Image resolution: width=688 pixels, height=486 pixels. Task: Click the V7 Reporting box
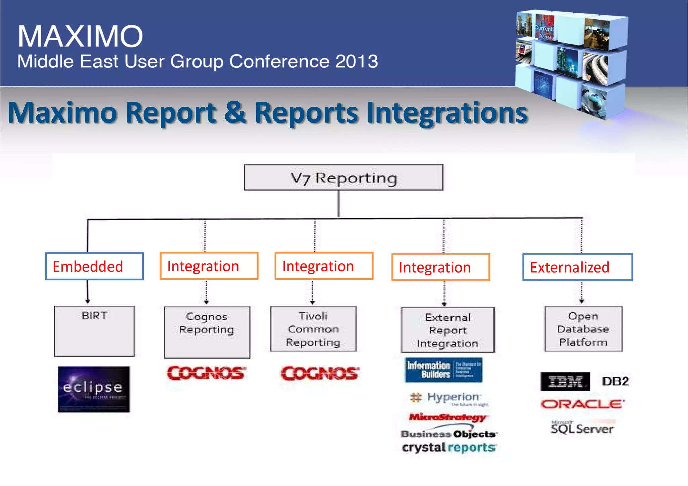(343, 178)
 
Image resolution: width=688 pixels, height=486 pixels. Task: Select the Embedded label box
(94, 266)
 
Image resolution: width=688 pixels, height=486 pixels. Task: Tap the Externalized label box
(577, 267)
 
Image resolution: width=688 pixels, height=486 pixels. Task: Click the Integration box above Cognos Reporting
(209, 266)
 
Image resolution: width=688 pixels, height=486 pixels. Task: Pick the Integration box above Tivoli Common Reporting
(324, 266)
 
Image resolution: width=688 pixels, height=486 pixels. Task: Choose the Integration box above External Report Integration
(440, 268)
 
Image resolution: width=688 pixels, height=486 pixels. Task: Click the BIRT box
(94, 331)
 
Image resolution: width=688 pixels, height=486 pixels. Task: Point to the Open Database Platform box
(583, 329)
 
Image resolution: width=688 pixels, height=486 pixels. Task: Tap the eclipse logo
(94, 389)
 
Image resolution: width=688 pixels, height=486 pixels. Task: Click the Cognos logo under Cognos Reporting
(206, 373)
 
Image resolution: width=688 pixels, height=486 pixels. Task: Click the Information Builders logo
(444, 370)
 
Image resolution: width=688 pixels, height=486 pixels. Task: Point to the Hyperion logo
(449, 398)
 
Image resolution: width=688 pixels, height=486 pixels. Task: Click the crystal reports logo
(448, 447)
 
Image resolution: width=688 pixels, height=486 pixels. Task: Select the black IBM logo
(565, 382)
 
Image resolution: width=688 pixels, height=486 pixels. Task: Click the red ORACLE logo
(582, 404)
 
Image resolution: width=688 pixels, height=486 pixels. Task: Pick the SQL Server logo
(582, 428)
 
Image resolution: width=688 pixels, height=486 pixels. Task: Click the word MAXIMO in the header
(80, 36)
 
